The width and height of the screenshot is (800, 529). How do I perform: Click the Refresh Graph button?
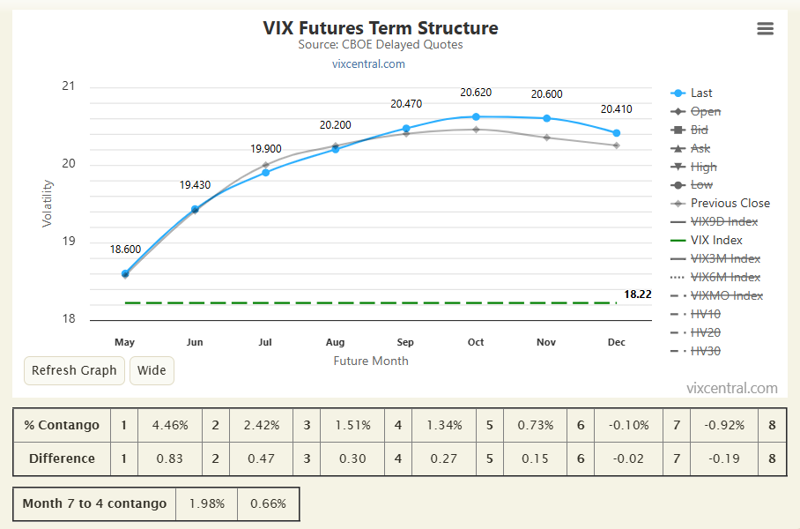[x=74, y=370]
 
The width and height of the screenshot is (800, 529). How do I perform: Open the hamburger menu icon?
[x=765, y=28]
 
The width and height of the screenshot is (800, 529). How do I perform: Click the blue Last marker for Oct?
[x=476, y=117]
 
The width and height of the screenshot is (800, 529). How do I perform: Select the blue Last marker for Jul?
[x=265, y=173]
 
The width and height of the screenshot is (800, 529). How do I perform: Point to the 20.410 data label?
[x=617, y=109]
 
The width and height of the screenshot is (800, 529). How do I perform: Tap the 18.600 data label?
[x=125, y=250]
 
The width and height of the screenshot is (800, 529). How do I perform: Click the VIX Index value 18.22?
[x=638, y=294]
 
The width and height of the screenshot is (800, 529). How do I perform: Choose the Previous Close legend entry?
[x=720, y=204]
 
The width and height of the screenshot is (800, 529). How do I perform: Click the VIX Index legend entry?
[x=706, y=241]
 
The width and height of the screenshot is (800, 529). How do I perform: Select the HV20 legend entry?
[x=695, y=333]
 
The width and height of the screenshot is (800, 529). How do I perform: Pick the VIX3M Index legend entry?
[x=715, y=259]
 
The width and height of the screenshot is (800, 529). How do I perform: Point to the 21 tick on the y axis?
[x=69, y=86]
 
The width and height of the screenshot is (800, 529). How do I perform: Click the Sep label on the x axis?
[x=405, y=342]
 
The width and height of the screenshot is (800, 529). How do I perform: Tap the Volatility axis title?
[x=47, y=204]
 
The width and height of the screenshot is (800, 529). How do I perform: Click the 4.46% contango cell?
[x=170, y=425]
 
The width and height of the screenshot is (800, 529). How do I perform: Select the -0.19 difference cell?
[x=724, y=458]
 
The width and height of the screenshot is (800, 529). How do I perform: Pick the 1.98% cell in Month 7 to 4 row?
[x=207, y=504]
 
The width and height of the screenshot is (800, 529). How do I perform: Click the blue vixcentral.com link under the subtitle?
[x=368, y=64]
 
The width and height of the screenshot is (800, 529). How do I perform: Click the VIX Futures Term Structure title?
[x=381, y=28]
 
